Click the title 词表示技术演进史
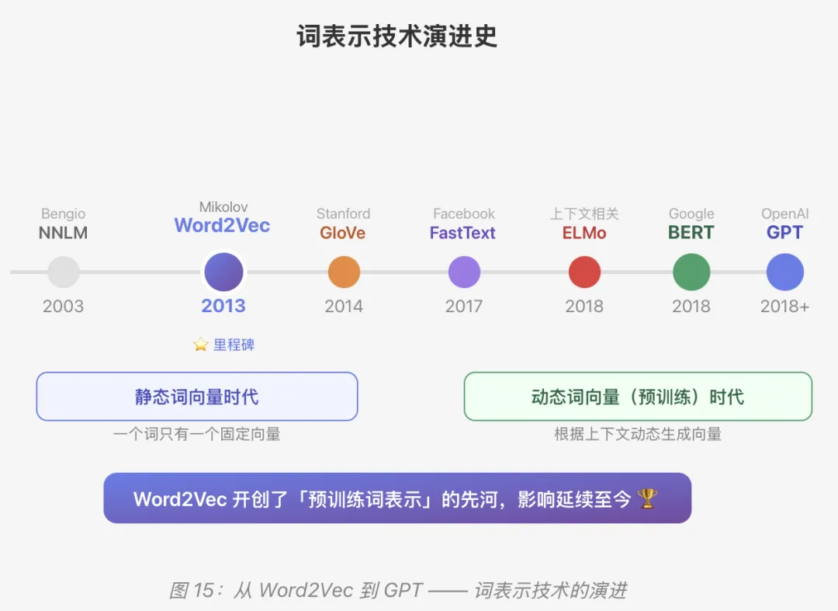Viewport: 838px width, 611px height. pos(396,36)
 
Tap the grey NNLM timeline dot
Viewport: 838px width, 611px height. pos(64,273)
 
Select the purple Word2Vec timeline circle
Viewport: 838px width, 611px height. pos(223,273)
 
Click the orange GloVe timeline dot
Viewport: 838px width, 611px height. pos(344,273)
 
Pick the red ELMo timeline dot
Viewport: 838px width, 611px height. pos(584,273)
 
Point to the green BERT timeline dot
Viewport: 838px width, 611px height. pos(691,273)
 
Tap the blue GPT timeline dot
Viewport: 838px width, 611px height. pos(784,273)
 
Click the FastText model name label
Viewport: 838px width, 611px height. pos(462,233)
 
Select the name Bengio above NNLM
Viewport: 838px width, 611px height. pos(64,214)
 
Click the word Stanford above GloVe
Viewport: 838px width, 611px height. pos(343,214)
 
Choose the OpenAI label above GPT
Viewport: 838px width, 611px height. pos(784,214)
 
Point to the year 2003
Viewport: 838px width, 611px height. pos(64,306)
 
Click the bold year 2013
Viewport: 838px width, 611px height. pos(223,306)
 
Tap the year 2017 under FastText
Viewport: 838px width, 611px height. pos(464,306)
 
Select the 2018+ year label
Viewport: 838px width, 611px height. pos(784,306)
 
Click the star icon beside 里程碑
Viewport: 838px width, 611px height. pos(201,345)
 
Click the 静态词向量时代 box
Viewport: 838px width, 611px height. pos(197,397)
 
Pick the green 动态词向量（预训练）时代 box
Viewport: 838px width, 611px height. pos(638,397)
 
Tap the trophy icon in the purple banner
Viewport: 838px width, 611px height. pos(647,498)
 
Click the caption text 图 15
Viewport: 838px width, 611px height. pos(191,590)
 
